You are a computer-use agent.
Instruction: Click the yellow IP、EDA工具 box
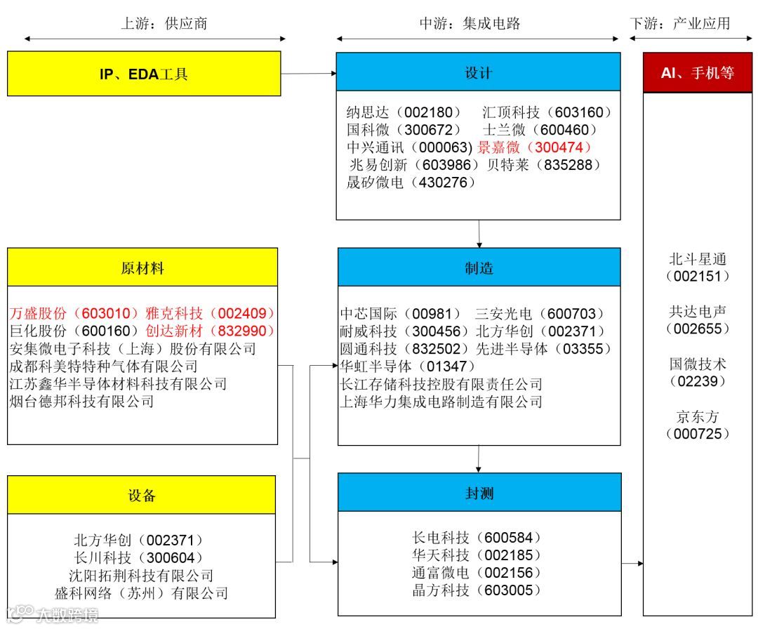143,73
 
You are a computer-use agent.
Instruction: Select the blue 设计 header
478,72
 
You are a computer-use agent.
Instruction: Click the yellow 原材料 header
142,267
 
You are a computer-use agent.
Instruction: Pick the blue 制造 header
479,267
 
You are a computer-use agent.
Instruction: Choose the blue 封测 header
479,493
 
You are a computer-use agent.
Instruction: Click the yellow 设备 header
141,496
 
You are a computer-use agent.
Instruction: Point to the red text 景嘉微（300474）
535,147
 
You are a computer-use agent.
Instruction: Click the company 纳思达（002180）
404,112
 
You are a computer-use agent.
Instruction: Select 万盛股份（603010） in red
75,313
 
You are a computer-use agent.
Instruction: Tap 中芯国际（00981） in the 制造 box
401,313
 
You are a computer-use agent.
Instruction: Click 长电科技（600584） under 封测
477,538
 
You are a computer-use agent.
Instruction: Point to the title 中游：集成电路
470,23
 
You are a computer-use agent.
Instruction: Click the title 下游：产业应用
680,23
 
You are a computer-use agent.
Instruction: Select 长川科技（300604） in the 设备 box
139,557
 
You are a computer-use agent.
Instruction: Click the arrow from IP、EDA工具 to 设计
309,73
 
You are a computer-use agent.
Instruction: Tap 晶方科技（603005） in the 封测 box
477,590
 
